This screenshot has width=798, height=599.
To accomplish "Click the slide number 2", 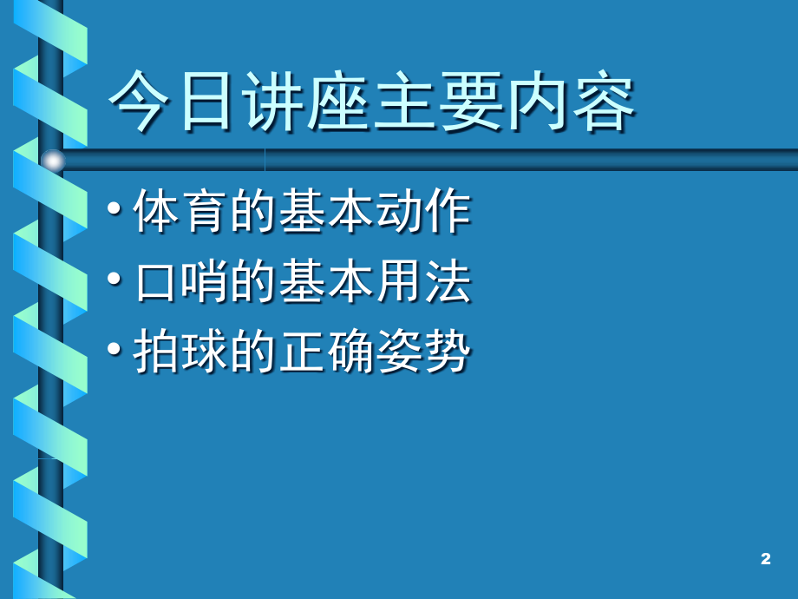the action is pyautogui.click(x=765, y=559).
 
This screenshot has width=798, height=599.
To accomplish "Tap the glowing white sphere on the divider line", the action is pyautogui.click(x=53, y=161).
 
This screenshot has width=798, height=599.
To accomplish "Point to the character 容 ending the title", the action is pyautogui.click(x=603, y=101).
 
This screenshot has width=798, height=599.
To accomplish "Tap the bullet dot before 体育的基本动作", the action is pyautogui.click(x=114, y=208).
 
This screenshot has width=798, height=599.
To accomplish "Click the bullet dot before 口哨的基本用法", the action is pyautogui.click(x=114, y=279).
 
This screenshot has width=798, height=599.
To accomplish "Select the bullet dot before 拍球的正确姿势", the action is pyautogui.click(x=114, y=349).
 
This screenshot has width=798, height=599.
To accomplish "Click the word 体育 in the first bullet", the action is pyautogui.click(x=180, y=210).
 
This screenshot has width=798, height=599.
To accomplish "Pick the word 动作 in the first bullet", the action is pyautogui.click(x=423, y=210).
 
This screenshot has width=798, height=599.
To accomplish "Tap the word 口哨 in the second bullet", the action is pyautogui.click(x=181, y=280).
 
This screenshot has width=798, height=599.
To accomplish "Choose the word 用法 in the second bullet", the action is pyautogui.click(x=423, y=280).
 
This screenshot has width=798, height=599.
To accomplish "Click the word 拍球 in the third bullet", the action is pyautogui.click(x=180, y=351).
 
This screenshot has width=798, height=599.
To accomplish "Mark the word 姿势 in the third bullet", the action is pyautogui.click(x=423, y=351).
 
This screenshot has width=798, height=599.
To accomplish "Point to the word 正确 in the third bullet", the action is pyautogui.click(x=326, y=351).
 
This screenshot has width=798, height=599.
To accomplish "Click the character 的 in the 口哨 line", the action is pyautogui.click(x=252, y=280).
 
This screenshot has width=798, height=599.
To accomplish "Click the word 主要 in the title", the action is pyautogui.click(x=438, y=101).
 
